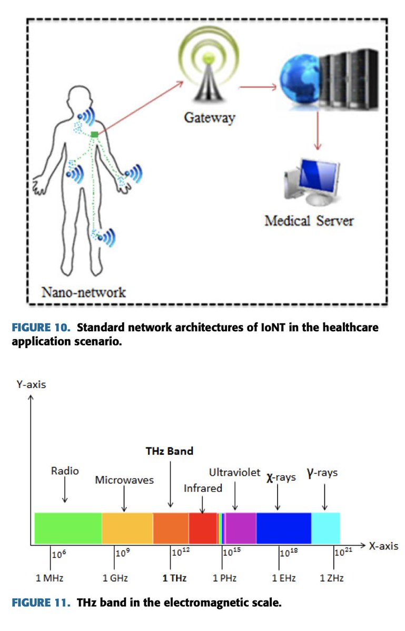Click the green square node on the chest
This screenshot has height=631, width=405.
94,135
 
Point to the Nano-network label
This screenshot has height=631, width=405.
84,291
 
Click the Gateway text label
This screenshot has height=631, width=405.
209,117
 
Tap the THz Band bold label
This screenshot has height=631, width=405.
169,451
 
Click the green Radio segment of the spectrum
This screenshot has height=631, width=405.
67,528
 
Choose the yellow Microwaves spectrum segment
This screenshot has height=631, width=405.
127,528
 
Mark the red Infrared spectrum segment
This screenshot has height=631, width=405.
203,528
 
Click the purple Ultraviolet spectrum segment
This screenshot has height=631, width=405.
241,528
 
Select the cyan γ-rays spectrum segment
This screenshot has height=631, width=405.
325,528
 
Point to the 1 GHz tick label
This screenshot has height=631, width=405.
115,578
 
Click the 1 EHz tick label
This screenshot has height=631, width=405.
284,578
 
